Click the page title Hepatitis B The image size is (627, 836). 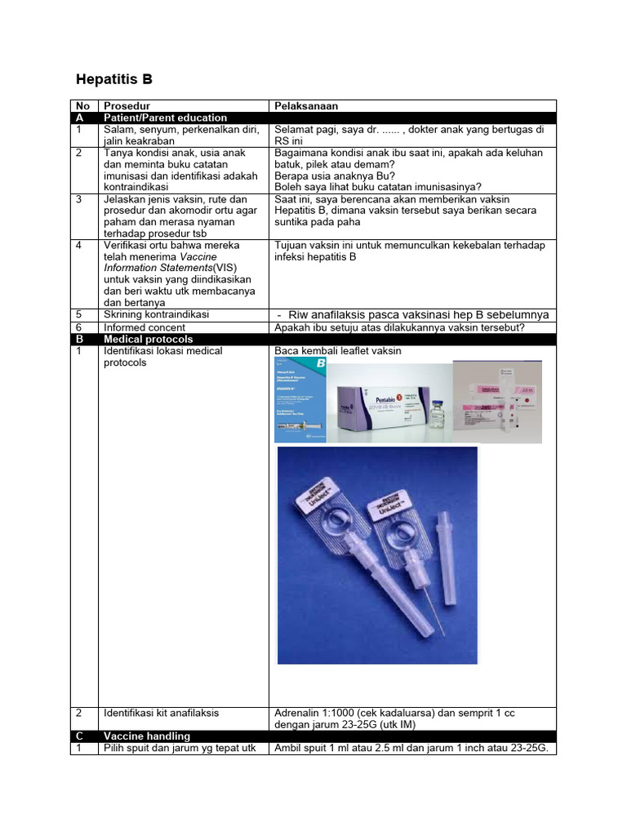(x=113, y=80)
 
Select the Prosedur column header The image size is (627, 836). (x=127, y=106)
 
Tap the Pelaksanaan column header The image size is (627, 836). (x=306, y=106)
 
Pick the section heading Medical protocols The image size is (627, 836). (x=148, y=339)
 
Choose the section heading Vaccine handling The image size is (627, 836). (x=147, y=736)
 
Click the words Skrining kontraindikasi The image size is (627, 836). (x=156, y=314)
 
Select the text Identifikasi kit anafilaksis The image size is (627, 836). (x=161, y=713)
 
